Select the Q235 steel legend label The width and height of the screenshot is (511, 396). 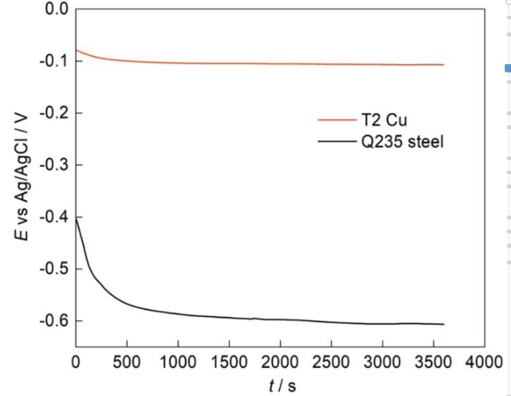click(401, 141)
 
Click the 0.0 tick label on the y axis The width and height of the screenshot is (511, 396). click(54, 9)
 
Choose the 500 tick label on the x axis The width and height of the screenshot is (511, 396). click(127, 362)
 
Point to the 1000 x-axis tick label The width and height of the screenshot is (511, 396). click(178, 362)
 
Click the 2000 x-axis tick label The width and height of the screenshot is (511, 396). click(280, 362)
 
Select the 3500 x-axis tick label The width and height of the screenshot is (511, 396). click(434, 362)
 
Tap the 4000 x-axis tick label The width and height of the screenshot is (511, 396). click(485, 362)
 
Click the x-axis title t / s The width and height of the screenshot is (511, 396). click(282, 386)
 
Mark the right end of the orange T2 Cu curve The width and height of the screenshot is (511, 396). click(444, 65)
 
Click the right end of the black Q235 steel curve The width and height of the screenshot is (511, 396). click(444, 324)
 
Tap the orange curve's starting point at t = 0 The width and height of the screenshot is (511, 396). click(76, 50)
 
